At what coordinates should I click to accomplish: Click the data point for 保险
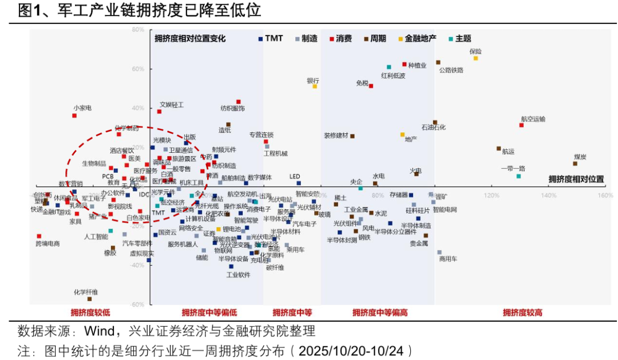pos(476,58)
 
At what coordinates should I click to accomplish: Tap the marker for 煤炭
pos(575,164)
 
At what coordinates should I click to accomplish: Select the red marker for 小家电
pos(74,116)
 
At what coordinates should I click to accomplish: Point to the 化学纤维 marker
pos(89,299)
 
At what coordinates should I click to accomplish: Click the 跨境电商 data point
pos(39,236)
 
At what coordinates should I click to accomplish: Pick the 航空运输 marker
pos(521,125)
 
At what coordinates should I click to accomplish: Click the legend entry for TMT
pos(271,39)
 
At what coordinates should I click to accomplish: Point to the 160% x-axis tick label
pos(605,195)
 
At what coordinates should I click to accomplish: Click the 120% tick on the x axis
pos(491,195)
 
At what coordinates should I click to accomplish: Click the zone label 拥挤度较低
pos(90,312)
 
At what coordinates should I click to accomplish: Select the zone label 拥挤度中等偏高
pos(380,312)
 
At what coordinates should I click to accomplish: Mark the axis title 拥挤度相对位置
pos(576,179)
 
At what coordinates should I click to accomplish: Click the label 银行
pos(313,81)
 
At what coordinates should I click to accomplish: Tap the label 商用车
pos(447,259)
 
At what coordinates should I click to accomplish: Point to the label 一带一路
pos(513,169)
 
